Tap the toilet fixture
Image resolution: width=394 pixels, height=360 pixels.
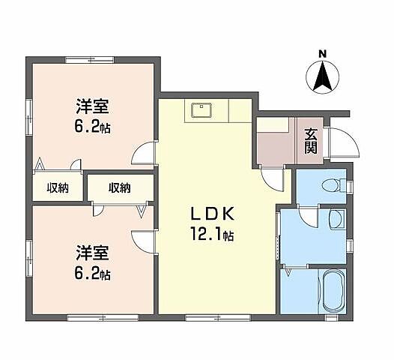(328, 184)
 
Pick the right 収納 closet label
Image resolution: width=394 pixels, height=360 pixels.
(118, 187)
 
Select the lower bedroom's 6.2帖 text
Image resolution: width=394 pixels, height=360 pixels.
(93, 274)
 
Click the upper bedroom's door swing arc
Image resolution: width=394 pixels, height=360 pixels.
(142, 154)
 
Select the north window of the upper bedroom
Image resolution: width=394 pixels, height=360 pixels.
(84, 59)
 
